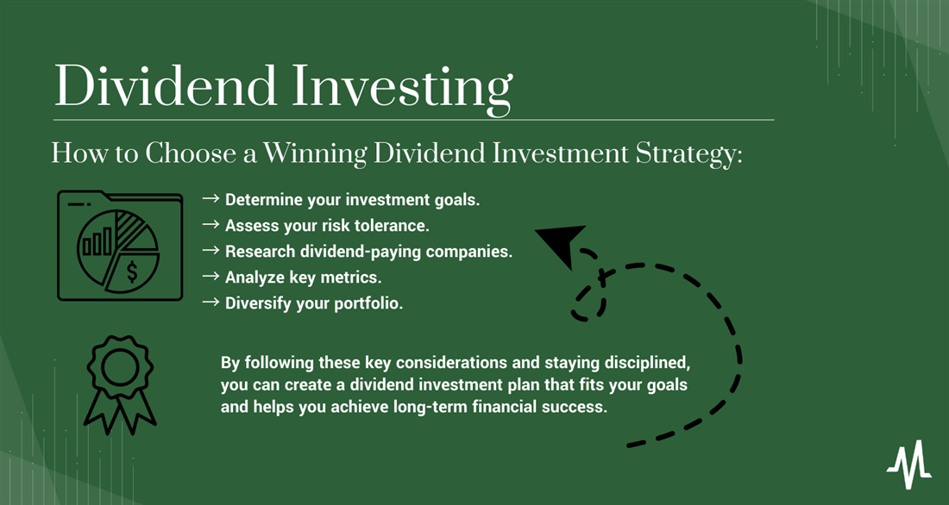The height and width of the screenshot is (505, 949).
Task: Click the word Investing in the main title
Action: [x=402, y=90]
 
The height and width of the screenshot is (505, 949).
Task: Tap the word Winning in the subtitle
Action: [x=315, y=154]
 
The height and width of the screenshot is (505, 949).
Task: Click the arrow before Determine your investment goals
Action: [x=211, y=198]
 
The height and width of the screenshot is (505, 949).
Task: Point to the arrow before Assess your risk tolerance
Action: [x=211, y=224]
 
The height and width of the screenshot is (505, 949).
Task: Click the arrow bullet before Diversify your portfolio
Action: [x=211, y=302]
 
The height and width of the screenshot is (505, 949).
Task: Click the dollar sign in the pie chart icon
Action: [x=132, y=272]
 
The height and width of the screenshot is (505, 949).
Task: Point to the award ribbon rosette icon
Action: [x=120, y=384]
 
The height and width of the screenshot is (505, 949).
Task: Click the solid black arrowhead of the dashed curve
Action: [x=561, y=245]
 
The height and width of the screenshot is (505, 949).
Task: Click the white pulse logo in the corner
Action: [x=909, y=464]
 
